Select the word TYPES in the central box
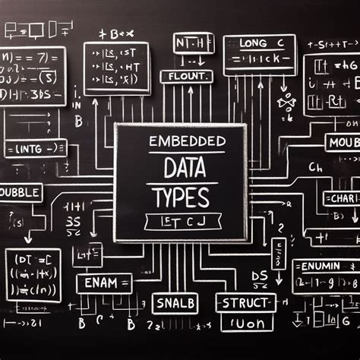point(180,197)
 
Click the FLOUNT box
point(185,76)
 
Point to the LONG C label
point(258,43)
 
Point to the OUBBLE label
point(21,193)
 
